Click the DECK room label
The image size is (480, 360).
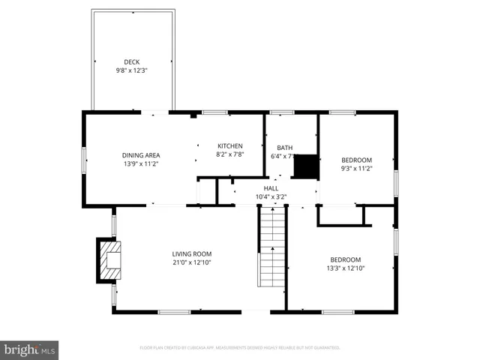pyautogui.click(x=132, y=61)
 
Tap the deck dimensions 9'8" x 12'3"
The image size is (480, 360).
pyautogui.click(x=132, y=70)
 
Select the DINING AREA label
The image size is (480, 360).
pyautogui.click(x=141, y=154)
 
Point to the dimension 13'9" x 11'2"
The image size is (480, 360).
pyautogui.click(x=141, y=163)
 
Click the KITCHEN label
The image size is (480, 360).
pyautogui.click(x=229, y=145)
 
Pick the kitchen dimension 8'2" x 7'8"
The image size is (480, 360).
pyautogui.click(x=229, y=154)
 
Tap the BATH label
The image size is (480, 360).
pyautogui.click(x=284, y=148)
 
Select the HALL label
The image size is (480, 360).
pyautogui.click(x=271, y=188)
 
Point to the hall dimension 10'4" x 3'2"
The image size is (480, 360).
pyautogui.click(x=271, y=197)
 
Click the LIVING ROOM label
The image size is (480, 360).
pyautogui.click(x=192, y=253)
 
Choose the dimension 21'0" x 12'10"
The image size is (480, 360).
pyautogui.click(x=192, y=262)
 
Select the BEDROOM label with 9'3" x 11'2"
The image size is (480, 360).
pyautogui.click(x=356, y=160)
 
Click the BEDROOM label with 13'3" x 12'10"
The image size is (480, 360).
pyautogui.click(x=345, y=259)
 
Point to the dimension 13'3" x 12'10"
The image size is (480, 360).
pyautogui.click(x=345, y=268)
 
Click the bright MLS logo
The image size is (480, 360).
pyautogui.click(x=30, y=349)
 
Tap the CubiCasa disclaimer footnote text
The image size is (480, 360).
pyautogui.click(x=240, y=348)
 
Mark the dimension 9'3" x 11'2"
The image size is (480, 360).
pyautogui.click(x=356, y=169)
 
